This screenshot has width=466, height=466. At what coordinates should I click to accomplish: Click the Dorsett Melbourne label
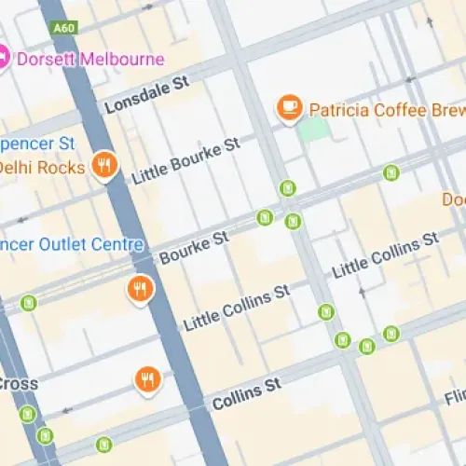[x=89, y=59]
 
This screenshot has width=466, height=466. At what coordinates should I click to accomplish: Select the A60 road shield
[x=63, y=29]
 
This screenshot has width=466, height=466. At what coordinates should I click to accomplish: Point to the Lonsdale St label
[x=146, y=95]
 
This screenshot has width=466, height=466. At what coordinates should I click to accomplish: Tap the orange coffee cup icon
[x=289, y=109]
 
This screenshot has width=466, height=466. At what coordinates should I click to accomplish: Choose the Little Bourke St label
[x=186, y=160]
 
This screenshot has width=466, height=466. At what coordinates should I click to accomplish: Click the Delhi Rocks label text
[x=42, y=168]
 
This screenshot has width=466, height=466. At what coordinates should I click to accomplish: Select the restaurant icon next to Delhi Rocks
[x=105, y=167]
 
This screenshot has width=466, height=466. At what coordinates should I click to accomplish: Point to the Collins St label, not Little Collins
[x=246, y=395]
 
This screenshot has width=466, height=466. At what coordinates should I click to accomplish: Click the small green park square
[x=314, y=129]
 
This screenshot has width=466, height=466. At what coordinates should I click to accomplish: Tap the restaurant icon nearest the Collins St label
[x=146, y=379]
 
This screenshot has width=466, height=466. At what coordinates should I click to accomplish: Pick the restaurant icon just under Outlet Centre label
[x=140, y=290]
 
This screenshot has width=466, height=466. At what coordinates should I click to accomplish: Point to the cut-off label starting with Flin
[x=454, y=397]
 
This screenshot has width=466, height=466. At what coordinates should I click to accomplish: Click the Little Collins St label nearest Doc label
[x=386, y=254]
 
